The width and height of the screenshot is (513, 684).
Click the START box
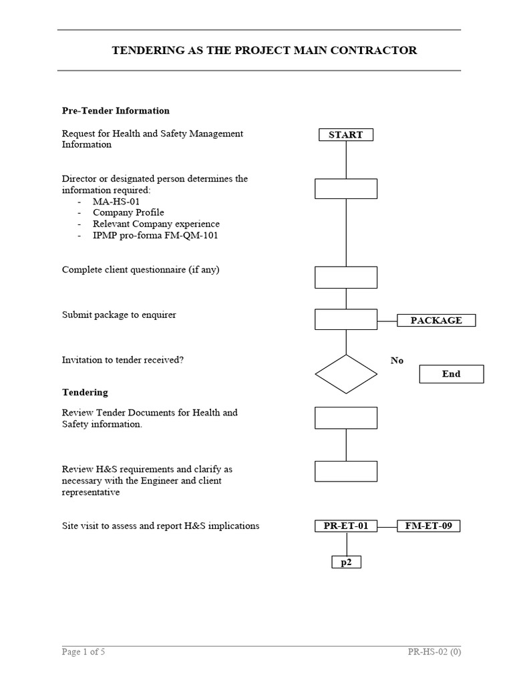click(x=345, y=135)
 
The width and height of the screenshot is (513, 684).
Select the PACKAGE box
click(x=436, y=321)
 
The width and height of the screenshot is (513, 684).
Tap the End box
click(x=451, y=374)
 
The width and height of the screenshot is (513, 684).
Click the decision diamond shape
click(x=345, y=374)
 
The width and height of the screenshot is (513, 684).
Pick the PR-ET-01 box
click(x=345, y=526)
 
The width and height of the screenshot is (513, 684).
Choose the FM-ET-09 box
click(x=428, y=526)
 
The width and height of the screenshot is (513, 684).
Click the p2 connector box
click(x=346, y=562)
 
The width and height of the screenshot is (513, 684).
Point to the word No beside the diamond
click(x=397, y=361)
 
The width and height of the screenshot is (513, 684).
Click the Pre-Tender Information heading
click(x=116, y=111)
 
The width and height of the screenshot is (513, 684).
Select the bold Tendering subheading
click(x=85, y=392)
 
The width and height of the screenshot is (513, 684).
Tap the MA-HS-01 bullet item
click(x=116, y=201)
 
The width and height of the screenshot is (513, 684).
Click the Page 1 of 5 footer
click(x=83, y=652)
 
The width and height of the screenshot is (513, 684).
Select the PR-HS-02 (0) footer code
click(x=434, y=652)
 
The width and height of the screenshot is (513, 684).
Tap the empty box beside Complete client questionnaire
click(x=345, y=277)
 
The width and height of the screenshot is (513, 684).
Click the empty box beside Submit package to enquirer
click(x=345, y=319)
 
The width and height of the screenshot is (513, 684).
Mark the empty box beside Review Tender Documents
click(x=345, y=417)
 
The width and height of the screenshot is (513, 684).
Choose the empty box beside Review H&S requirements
click(x=345, y=471)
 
